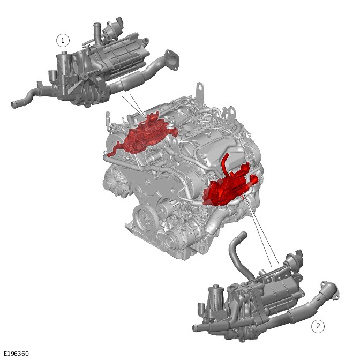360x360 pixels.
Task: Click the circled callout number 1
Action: coord(63,41)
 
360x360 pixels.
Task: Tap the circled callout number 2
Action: coord(318,326)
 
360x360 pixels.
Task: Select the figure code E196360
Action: coord(17,354)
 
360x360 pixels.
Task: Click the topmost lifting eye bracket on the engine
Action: coord(200,92)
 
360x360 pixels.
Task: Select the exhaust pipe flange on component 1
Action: coord(172,59)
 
